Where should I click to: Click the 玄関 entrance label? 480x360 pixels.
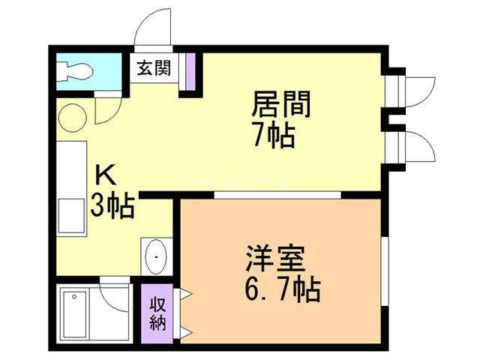coord(154,68)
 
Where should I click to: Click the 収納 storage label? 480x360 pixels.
coord(158,315)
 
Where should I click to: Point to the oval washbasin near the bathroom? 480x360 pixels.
coord(157,256)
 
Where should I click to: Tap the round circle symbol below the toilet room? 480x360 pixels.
coord(73,118)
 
